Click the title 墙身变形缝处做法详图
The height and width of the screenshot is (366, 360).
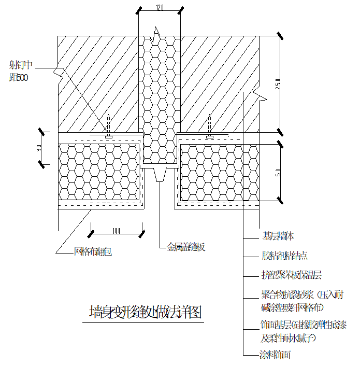click(145, 313)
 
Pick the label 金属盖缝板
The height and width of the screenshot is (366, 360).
click(186, 247)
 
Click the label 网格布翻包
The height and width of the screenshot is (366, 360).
click(93, 252)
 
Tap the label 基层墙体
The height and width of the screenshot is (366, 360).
click(278, 236)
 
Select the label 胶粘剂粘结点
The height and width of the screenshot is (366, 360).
click(284, 256)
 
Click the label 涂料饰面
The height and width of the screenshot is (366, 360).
click(275, 355)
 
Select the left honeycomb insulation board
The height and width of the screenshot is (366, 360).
click(99, 172)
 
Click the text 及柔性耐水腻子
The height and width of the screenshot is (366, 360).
click(288, 338)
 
